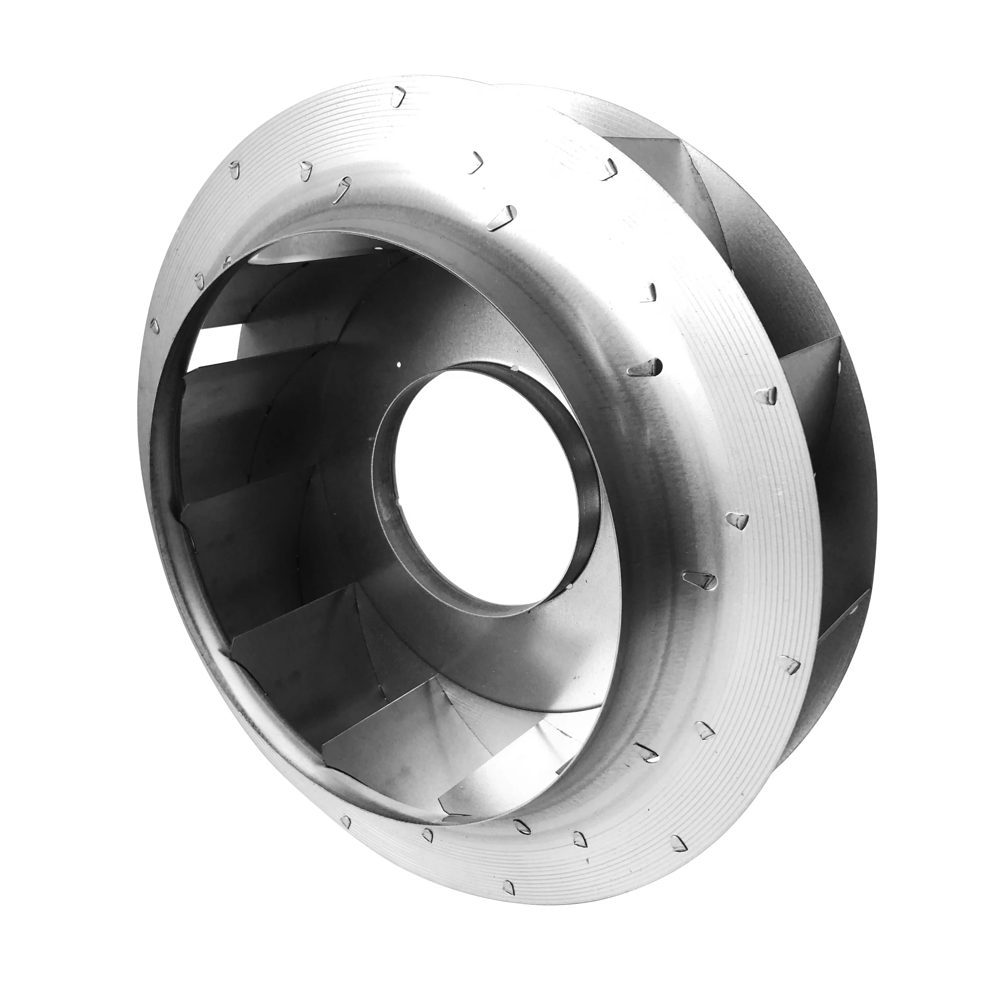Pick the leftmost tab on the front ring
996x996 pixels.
coord(153,325)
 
